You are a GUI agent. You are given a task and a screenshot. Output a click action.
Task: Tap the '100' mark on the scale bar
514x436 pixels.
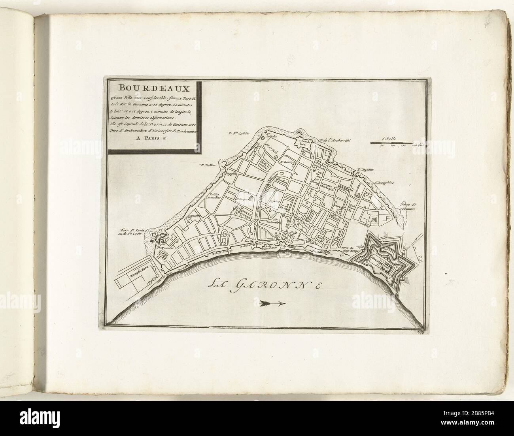(x=393, y=147)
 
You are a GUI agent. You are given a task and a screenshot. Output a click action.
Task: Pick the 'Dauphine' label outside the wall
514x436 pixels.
(x=384, y=183)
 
